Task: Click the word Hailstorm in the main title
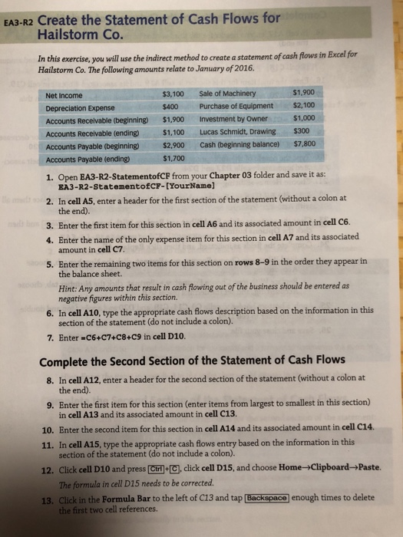tap(65, 34)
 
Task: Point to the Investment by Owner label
tap(233, 120)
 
